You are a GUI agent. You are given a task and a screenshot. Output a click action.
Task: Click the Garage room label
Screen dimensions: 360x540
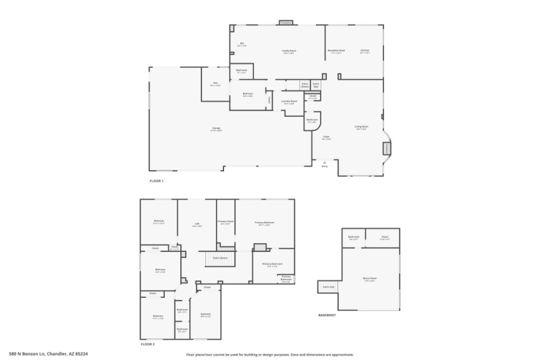tap(217, 128)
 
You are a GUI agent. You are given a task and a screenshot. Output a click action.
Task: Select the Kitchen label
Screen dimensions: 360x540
tap(364, 51)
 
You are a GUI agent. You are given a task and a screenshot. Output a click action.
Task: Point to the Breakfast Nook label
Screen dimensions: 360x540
tap(336, 51)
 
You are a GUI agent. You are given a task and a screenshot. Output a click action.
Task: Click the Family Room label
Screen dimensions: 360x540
tap(289, 51)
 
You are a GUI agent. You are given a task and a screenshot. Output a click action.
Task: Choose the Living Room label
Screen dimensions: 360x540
tap(362, 126)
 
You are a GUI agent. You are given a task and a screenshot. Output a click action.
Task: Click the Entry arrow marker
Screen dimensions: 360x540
tap(325, 162)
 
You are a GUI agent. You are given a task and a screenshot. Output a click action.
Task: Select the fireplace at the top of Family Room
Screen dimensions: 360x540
tap(286, 23)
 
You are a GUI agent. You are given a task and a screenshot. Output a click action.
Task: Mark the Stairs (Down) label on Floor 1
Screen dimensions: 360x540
tap(305, 85)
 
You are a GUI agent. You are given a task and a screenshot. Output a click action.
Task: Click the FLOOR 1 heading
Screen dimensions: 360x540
tap(157, 181)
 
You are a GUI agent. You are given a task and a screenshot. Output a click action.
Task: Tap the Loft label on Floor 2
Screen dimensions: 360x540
tap(197, 224)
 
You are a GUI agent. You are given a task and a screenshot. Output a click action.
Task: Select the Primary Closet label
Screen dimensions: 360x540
tap(225, 222)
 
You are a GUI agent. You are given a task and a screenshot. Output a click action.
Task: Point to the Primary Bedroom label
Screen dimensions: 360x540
tap(265, 223)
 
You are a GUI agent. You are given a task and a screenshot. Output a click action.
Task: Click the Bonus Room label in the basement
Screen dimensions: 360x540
tap(369, 278)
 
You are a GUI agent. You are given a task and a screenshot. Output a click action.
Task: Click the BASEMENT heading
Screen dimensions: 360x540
tap(327, 315)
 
